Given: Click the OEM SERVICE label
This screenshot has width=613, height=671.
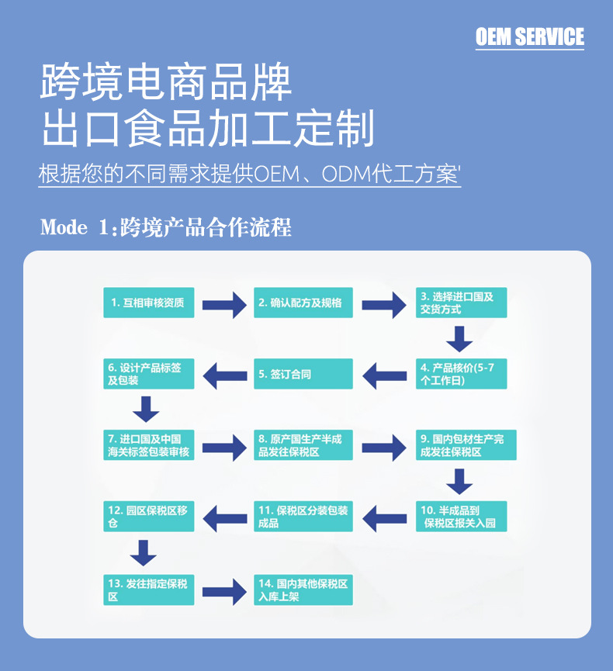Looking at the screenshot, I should coord(529,36).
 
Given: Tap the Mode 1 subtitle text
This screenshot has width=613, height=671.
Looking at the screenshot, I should coord(166,228).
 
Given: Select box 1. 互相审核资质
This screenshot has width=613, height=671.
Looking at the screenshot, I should coord(149,303).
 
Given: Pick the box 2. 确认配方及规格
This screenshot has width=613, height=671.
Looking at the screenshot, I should coord(303,303).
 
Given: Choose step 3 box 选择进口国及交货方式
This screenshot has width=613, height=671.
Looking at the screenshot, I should coord(461,303).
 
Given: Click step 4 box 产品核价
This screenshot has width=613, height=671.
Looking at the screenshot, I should coord(461,374).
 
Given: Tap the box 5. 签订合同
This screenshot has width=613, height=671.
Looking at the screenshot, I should coord(303,374).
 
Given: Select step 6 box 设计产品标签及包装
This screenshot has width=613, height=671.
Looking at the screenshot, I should coord(149,374).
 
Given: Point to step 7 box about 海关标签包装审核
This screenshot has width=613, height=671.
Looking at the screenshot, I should coord(149,445).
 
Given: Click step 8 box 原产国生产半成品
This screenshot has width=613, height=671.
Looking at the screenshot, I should coord(303,445).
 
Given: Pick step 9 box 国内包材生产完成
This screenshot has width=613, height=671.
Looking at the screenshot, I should coord(465,445).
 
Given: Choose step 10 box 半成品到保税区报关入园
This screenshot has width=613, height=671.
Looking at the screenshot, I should coord(461,517).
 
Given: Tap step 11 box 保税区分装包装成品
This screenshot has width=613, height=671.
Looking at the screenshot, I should coord(303,517).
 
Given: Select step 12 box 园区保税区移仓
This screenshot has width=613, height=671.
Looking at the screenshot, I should coord(149,517).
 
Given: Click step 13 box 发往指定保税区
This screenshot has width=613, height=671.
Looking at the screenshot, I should coord(149,590).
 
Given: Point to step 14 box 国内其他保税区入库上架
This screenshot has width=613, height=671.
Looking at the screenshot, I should coord(303,590).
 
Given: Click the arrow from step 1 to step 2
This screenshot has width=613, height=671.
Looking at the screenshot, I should coord(224,303).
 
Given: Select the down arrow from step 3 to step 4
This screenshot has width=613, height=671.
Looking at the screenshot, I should coord(459,338).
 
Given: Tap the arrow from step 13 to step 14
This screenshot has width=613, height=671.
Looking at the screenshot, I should coord(224,591).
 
